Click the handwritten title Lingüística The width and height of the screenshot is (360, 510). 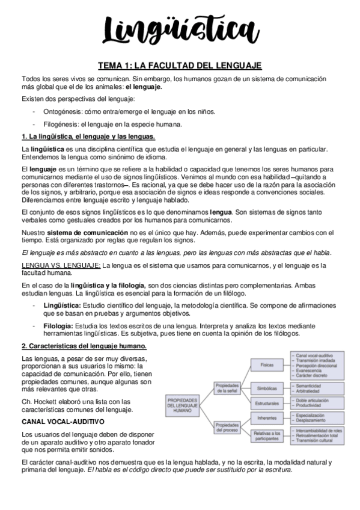(x=180, y=28)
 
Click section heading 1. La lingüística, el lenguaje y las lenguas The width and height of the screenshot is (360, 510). (x=88, y=137)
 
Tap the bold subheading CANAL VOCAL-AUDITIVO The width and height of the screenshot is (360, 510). (x=63, y=423)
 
